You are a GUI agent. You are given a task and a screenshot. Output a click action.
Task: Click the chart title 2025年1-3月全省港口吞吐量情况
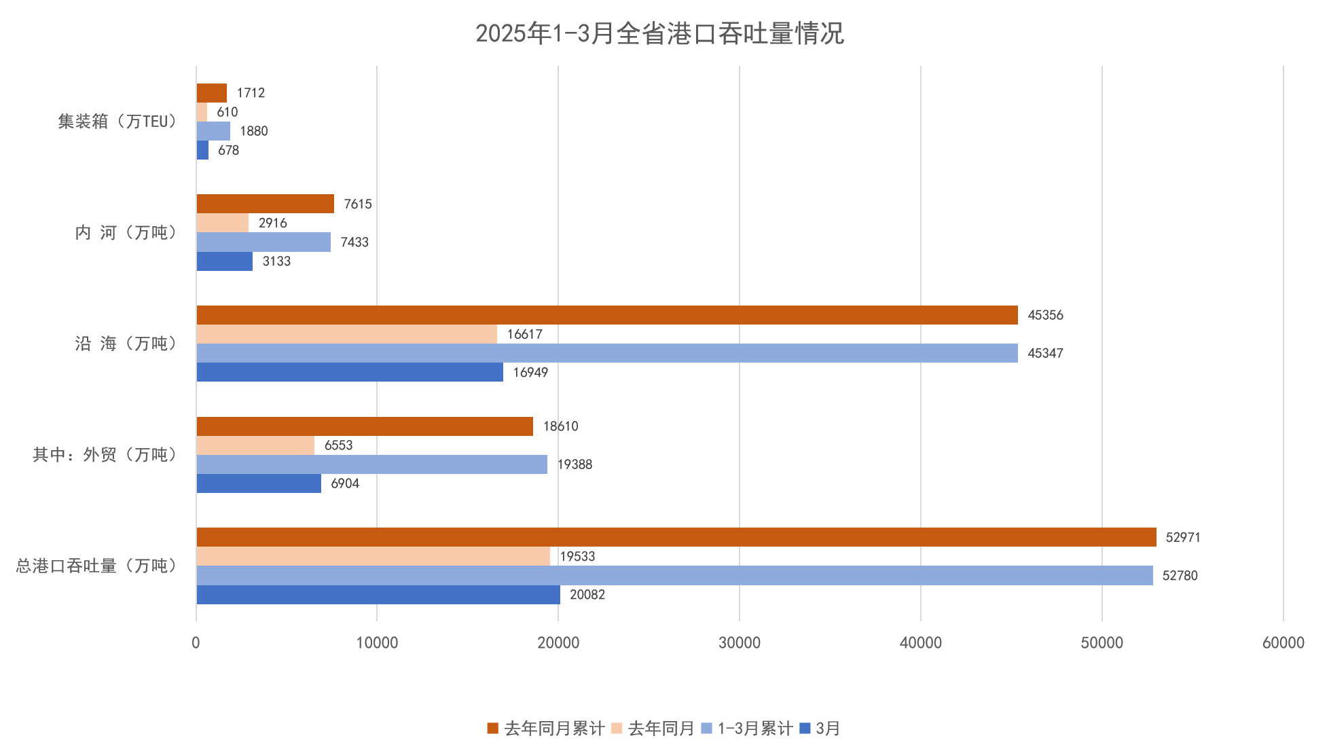click(659, 33)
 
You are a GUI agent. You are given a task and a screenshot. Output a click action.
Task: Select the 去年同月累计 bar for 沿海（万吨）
click(606, 315)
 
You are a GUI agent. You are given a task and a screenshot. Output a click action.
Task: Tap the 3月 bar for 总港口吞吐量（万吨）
click(378, 595)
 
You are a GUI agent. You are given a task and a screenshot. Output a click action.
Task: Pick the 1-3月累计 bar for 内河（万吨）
click(263, 242)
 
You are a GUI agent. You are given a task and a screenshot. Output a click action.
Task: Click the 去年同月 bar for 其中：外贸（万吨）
click(255, 445)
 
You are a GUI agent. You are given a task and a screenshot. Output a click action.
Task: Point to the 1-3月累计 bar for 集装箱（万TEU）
click(213, 131)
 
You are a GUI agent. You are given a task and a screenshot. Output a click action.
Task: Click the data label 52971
click(1182, 538)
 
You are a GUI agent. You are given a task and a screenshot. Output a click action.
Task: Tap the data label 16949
click(530, 372)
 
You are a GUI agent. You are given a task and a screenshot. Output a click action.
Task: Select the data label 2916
click(272, 223)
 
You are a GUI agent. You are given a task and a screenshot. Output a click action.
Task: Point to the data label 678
click(228, 150)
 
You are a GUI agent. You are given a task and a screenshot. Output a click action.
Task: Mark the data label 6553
click(338, 445)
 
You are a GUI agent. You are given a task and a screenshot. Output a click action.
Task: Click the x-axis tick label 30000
click(740, 643)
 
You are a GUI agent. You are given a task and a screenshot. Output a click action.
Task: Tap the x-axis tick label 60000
click(1283, 643)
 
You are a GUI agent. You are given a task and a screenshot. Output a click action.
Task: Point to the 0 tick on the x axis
click(196, 643)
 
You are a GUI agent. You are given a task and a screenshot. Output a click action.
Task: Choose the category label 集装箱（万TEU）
click(117, 122)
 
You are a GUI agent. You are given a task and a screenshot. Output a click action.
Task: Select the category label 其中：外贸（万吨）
click(105, 455)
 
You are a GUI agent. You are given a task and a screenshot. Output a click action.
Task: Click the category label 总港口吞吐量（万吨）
click(96, 566)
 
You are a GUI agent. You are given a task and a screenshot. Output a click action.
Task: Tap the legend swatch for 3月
click(805, 729)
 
